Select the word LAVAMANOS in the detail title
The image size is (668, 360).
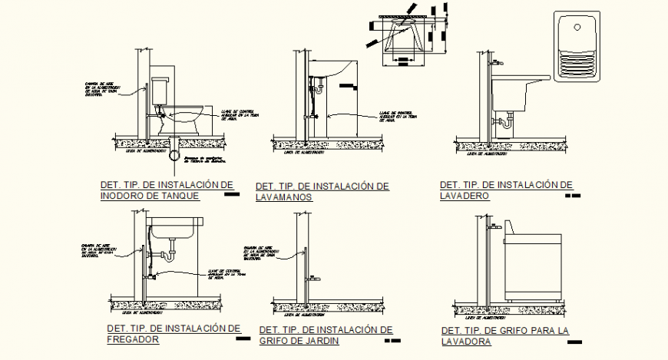tap(284, 197)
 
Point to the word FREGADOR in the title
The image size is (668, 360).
tap(133, 339)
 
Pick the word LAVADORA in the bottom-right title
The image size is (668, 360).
tap(466, 342)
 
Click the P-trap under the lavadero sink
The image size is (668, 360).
tap(506, 121)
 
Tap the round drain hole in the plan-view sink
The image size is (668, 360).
tap(577, 30)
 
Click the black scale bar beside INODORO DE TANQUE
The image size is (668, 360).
tap(230, 196)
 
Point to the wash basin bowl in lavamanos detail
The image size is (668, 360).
tap(334, 71)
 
